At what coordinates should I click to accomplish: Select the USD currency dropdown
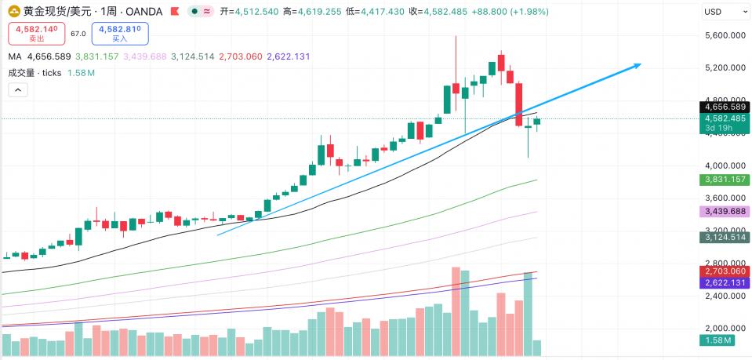coord(725,12)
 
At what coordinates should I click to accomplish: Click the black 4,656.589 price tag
coord(724,107)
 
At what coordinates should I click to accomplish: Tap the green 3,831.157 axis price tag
coord(724,180)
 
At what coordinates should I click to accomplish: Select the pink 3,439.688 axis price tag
coord(724,213)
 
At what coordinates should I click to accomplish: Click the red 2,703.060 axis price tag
coord(724,271)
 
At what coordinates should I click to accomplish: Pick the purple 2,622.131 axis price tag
coord(724,282)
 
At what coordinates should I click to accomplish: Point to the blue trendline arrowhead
coord(638,65)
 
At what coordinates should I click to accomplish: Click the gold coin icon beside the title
coord(13,12)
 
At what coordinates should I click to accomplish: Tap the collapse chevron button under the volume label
coord(18,89)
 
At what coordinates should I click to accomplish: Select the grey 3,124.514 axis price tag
coord(724,237)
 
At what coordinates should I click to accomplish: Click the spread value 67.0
coord(78,34)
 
